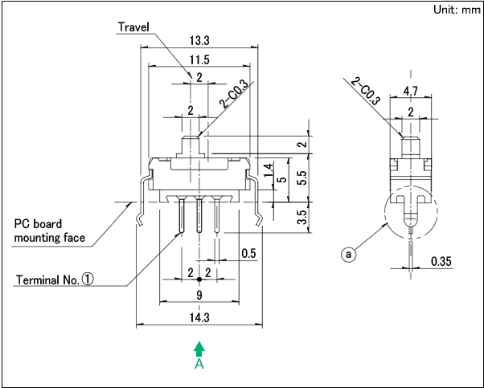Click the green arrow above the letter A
[199, 348]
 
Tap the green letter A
[199, 364]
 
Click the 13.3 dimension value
[199, 40]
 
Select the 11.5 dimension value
[199, 59]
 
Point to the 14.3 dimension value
[199, 317]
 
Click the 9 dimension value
[199, 295]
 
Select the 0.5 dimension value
[249, 254]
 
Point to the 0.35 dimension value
[441, 262]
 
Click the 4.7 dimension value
[410, 90]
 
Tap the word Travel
[135, 27]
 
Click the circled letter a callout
[348, 255]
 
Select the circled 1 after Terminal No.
[87, 280]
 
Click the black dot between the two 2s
[199, 279]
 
